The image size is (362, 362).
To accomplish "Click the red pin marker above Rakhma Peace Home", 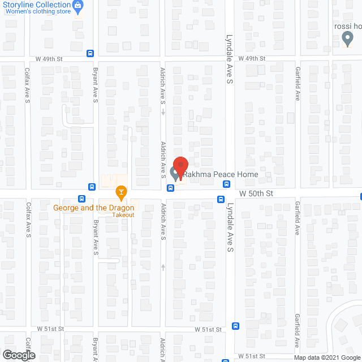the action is tap(180, 167).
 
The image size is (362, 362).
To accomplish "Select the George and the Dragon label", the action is tap(94, 208).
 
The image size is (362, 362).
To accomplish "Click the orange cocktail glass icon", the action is tap(120, 193).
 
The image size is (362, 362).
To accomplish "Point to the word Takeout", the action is tap(123, 215).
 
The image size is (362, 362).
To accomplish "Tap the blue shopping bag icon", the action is tap(78, 7).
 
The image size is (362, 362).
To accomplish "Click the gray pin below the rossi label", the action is tap(348, 38).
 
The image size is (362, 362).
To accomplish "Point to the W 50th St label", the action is tap(256, 193).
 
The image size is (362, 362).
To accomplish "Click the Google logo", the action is tap(18, 355).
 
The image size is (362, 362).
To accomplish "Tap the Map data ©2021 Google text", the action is tap(327, 357).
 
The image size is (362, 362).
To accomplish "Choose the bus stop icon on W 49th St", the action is tap(90, 53).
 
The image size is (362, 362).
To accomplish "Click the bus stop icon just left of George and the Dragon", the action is tap(82, 199).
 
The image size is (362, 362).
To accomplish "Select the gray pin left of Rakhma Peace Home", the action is tap(174, 172).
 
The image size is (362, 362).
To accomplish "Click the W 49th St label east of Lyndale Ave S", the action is tap(252, 58).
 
